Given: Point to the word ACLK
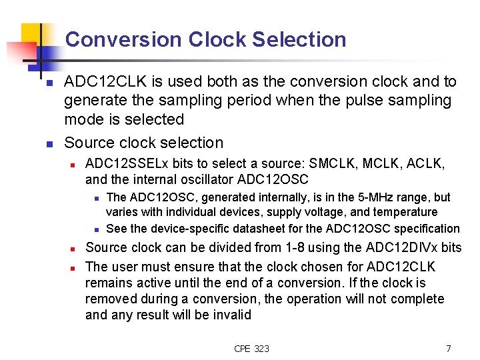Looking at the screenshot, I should [429, 163].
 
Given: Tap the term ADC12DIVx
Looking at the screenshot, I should [399, 248].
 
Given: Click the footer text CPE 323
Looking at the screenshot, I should [252, 349].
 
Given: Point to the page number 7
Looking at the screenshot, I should [449, 349].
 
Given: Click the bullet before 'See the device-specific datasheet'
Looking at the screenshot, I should [97, 229].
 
